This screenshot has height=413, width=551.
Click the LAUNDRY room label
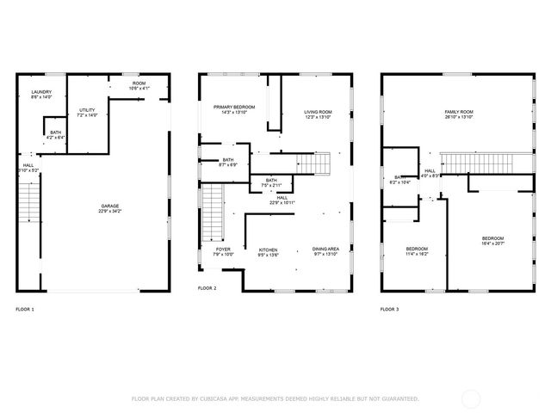(41, 95)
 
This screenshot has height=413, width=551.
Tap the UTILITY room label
(88, 112)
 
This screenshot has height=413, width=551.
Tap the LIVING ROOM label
(318, 114)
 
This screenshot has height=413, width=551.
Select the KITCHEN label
(269, 251)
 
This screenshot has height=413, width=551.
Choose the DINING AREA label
(325, 251)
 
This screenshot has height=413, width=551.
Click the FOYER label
(222, 251)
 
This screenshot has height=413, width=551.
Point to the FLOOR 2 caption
(207, 287)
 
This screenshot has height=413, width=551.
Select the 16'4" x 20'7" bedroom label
(492, 241)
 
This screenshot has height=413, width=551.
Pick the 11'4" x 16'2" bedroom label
(417, 251)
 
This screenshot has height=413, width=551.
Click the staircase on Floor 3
(476, 162)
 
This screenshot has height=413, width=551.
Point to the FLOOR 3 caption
(390, 309)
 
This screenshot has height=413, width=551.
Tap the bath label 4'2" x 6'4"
(55, 134)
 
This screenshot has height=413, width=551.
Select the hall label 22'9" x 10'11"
(282, 200)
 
